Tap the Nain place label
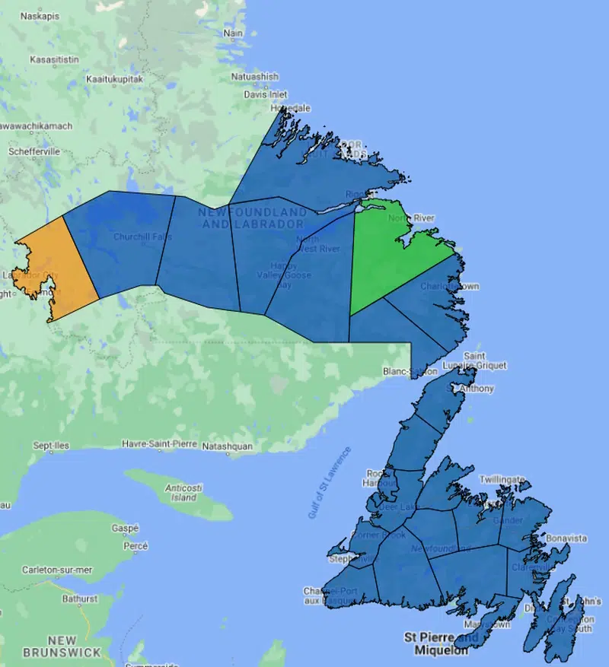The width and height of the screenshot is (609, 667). pos(233,33)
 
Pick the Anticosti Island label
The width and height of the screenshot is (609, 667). pos(183,493)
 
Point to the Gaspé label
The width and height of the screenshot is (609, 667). pos(125,528)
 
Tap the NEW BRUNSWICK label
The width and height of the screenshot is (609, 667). pos(62,646)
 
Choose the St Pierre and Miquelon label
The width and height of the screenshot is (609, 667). pos(442,643)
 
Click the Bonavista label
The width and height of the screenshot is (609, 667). pos(567,538)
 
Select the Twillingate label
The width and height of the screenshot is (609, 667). pos(502,480)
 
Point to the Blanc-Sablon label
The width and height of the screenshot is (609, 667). pos(410,371)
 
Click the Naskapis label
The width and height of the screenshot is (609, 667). pos(41,14)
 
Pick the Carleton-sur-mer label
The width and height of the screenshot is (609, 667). pos(57,570)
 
